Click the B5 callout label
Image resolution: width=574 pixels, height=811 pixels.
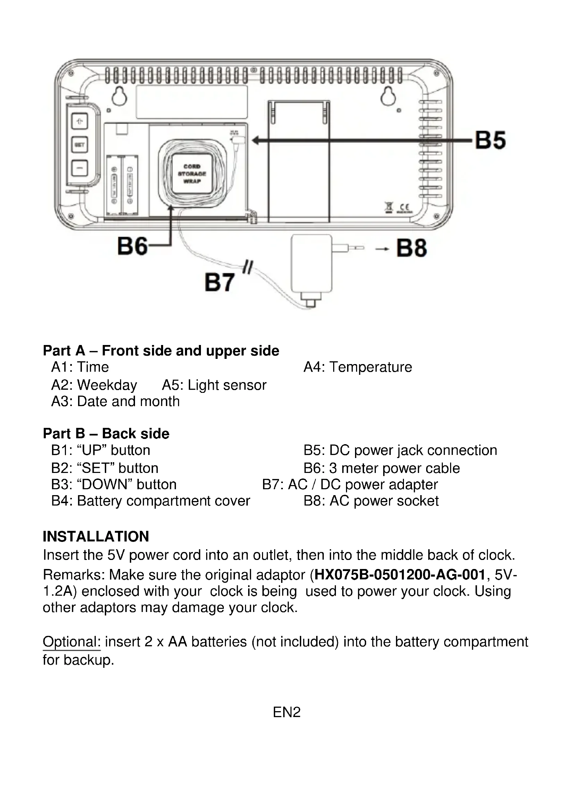pos(490,140)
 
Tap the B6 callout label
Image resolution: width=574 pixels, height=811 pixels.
pos(132,246)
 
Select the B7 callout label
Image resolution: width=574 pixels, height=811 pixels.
pos(219,283)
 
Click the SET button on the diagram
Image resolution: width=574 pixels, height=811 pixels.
pos(79,145)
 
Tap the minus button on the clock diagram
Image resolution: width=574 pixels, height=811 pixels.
pos(79,168)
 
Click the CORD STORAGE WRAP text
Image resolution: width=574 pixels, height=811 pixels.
pos(192,174)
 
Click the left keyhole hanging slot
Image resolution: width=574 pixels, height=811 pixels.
pos(119,96)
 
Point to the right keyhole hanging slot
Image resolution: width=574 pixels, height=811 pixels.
pos(388,96)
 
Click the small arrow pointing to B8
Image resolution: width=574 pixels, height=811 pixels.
pos(382,249)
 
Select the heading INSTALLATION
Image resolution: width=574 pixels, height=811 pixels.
pos(96,536)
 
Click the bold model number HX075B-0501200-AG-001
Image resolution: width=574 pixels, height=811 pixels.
pos(399,575)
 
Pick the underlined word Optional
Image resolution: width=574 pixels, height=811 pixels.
pos(72,641)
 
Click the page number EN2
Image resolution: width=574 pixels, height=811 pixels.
pos(287,712)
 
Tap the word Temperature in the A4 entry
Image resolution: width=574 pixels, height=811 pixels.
pos(370,367)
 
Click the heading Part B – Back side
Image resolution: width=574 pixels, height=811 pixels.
pos(106,433)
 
